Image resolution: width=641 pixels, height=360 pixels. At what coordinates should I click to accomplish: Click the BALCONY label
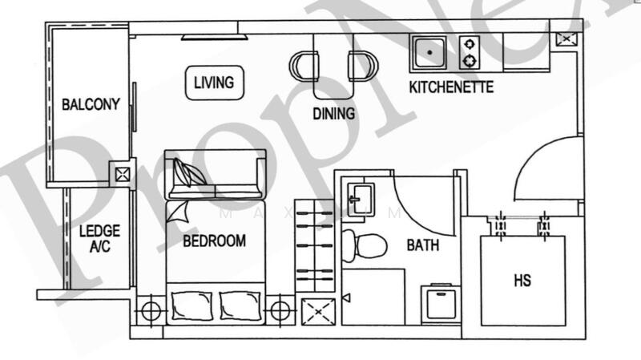[x=91, y=104]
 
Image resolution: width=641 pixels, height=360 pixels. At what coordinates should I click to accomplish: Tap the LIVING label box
[x=213, y=82]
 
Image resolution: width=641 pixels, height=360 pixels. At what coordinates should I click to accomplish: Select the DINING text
[x=333, y=114]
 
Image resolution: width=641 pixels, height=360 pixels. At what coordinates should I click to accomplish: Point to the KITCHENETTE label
[x=451, y=87]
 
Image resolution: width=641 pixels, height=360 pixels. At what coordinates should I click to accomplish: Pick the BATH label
[x=421, y=245]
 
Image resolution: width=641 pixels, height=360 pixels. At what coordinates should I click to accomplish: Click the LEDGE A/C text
[x=99, y=240]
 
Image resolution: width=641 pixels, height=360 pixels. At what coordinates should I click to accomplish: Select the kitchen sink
[x=431, y=53]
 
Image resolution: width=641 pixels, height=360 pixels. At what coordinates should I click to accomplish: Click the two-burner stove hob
[x=470, y=53]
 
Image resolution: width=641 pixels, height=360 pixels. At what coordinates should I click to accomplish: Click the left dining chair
[x=305, y=65]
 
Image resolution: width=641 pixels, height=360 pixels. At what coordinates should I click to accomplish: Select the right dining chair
[x=361, y=65]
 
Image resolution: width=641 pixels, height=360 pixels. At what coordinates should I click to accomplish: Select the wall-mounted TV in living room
[x=210, y=36]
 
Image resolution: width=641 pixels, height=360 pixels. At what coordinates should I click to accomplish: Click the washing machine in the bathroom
[x=439, y=304]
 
